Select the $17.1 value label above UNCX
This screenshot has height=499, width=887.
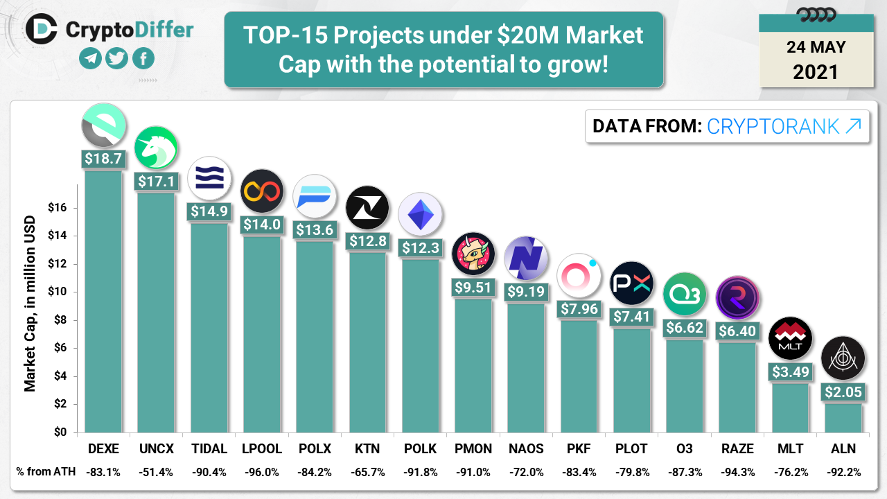pos(156,182)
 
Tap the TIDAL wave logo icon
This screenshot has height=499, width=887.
pos(209,178)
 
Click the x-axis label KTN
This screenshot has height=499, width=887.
pos(367,448)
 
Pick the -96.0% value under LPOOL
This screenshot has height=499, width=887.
pos(261,472)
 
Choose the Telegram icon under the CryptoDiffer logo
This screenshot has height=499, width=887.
pos(90,58)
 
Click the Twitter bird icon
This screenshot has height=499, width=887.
pos(116,58)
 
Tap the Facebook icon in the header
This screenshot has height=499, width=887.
pos(143,58)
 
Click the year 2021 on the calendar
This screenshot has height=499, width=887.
pos(816,71)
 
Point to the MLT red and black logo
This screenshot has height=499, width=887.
pos(790,340)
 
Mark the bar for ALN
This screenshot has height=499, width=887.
pos(843,418)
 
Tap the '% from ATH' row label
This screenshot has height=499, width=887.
pos(42,472)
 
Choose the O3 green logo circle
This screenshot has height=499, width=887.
pos(684,295)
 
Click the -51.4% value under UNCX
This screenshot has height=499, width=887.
pos(156,472)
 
